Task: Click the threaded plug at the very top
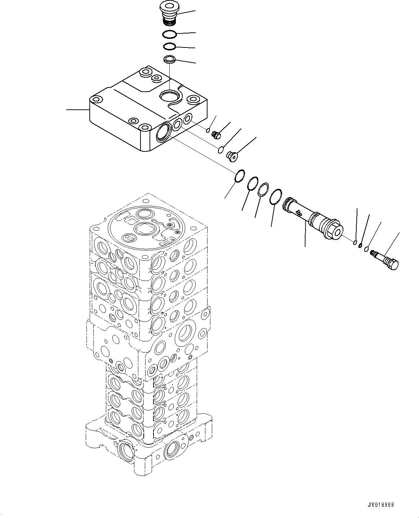click(169, 14)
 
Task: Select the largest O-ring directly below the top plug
click(169, 35)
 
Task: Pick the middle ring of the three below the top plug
click(169, 47)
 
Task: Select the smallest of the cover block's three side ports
click(188, 118)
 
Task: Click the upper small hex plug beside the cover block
click(216, 135)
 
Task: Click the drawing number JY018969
click(381, 505)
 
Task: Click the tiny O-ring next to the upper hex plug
click(208, 130)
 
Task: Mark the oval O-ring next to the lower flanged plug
click(221, 150)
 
